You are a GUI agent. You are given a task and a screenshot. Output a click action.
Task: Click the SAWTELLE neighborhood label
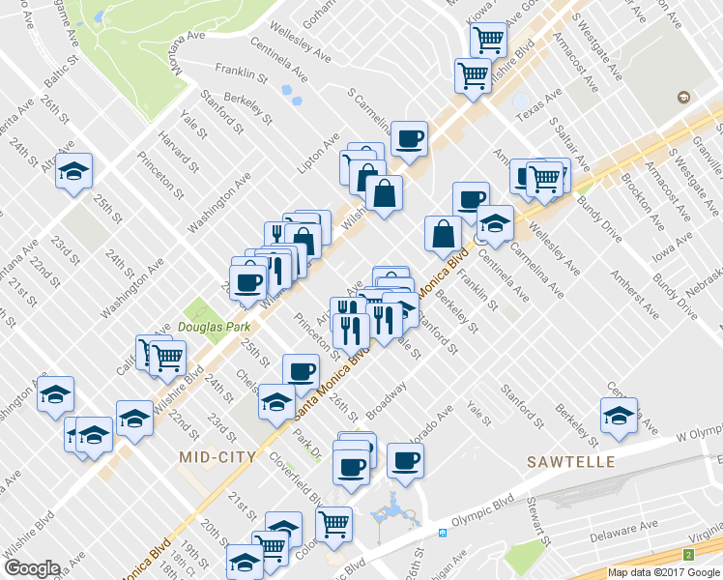(570, 462)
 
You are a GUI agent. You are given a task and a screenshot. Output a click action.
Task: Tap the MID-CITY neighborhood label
(218, 456)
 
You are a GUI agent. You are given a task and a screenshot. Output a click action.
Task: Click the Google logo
(32, 568)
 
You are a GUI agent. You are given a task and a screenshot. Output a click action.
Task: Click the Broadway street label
(387, 396)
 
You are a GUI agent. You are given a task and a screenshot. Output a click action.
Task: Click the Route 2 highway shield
(688, 554)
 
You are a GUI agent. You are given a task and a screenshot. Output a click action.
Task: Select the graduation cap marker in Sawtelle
(617, 416)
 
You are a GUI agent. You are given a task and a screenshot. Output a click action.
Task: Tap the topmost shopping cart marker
(489, 40)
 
